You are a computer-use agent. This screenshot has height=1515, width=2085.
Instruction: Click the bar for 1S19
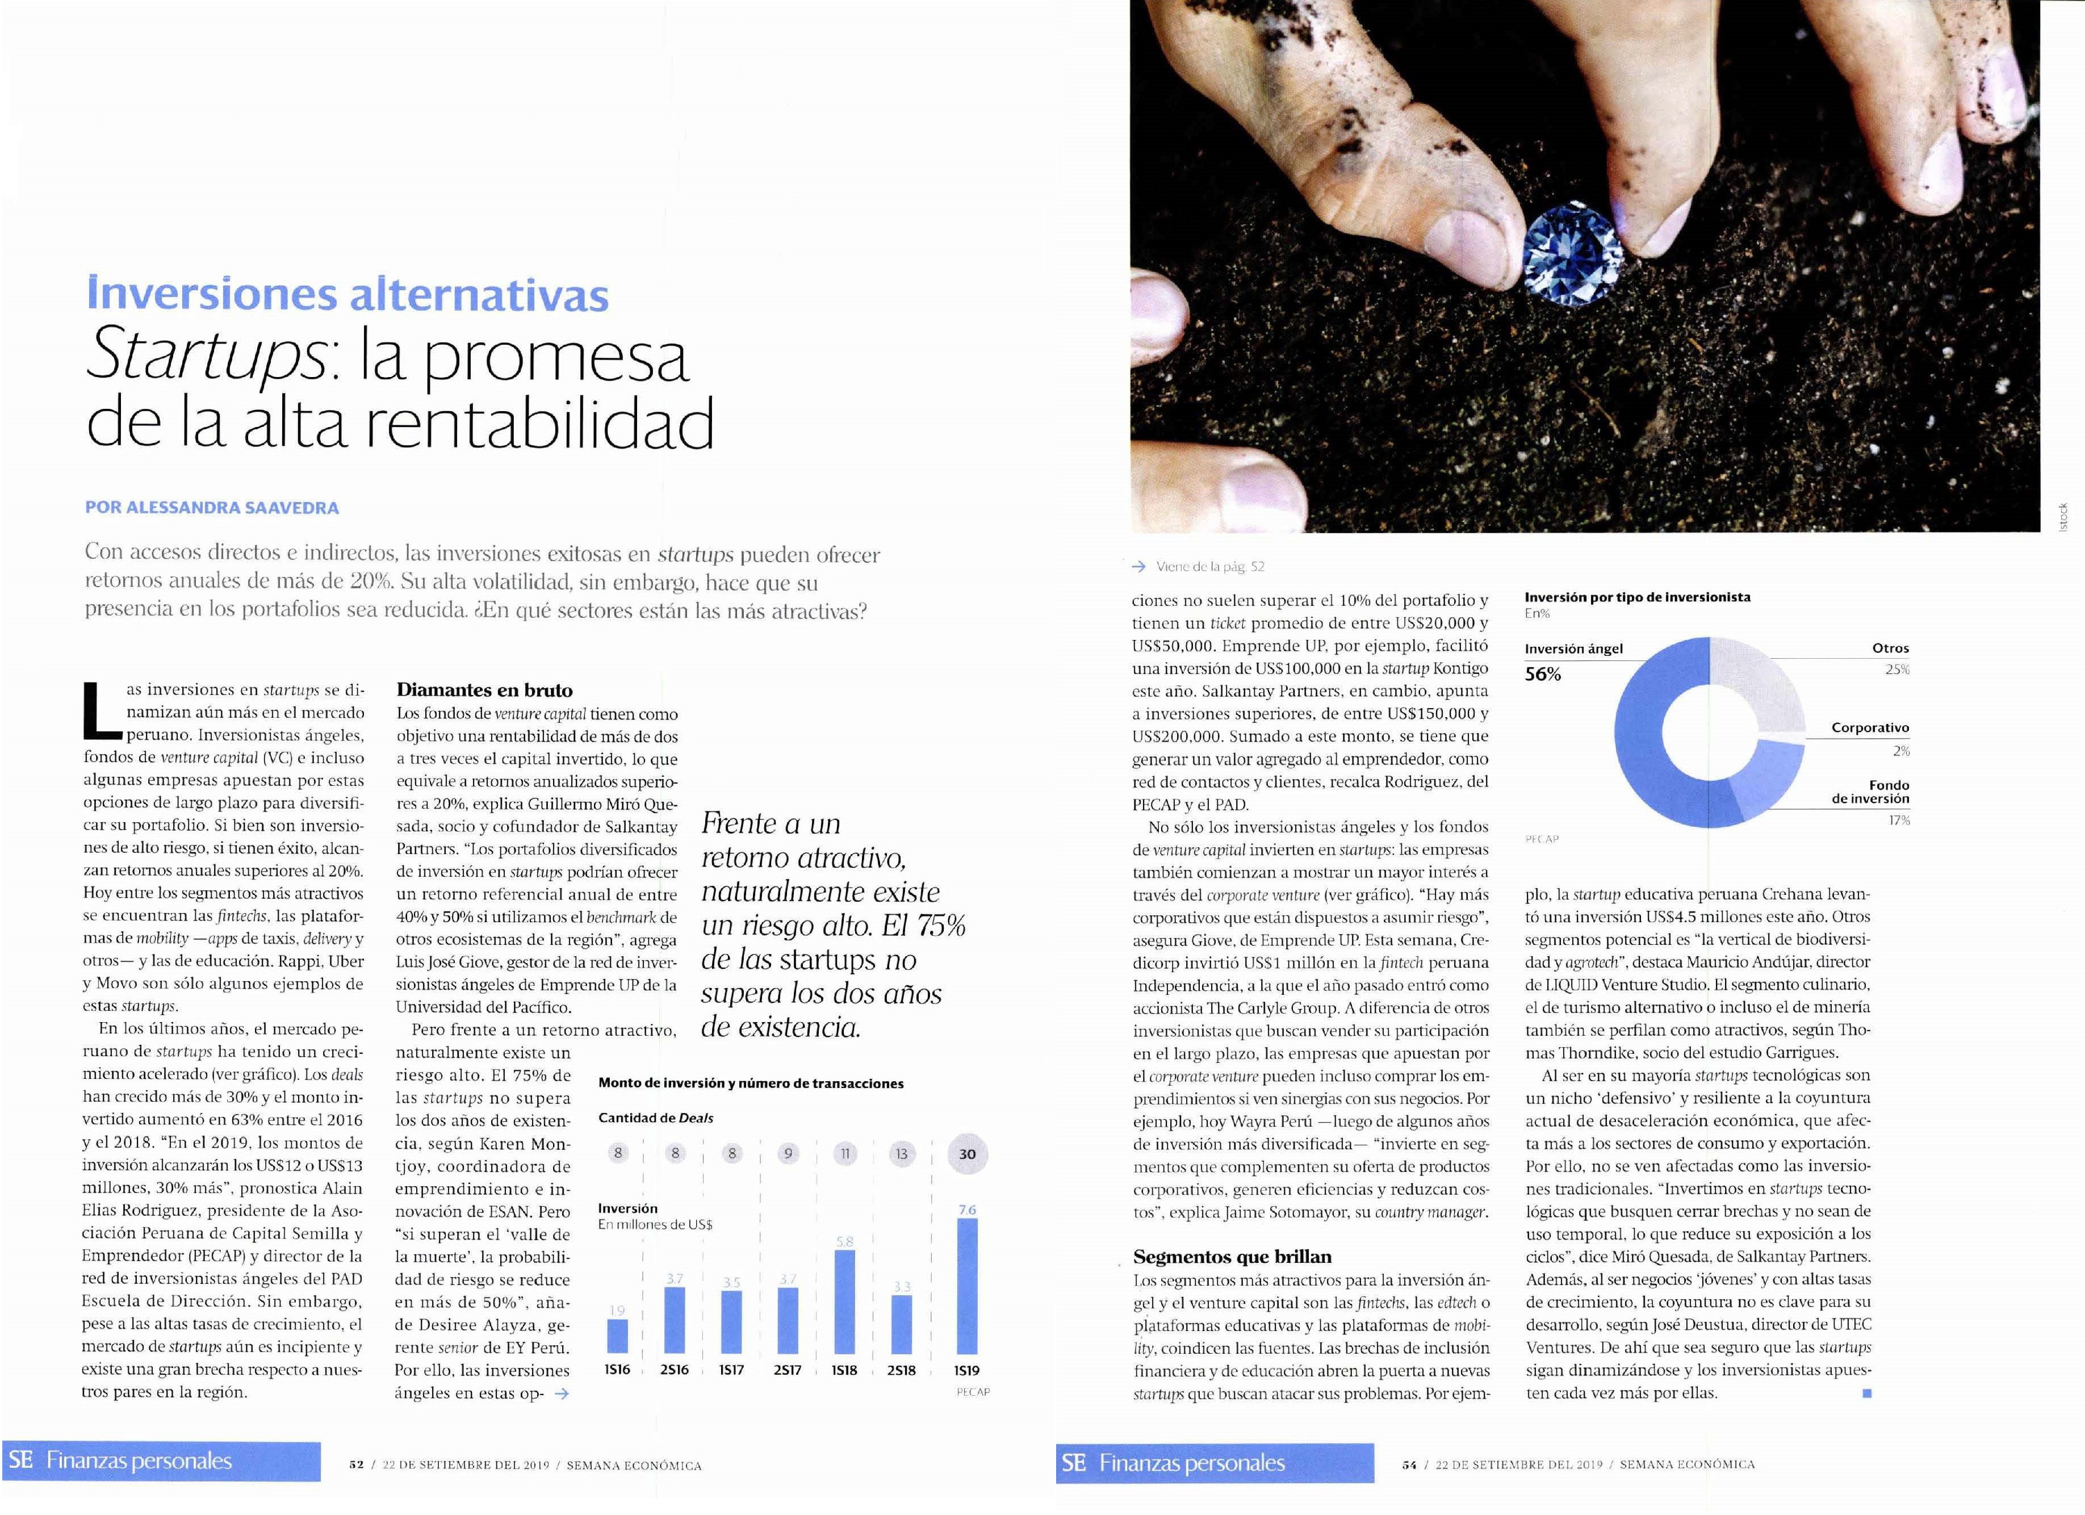(967, 1284)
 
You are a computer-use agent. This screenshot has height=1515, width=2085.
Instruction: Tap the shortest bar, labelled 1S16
(618, 1336)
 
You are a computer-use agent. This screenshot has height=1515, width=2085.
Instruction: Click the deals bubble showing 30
(967, 1154)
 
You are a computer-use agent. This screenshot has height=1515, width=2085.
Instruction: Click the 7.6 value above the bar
(967, 1210)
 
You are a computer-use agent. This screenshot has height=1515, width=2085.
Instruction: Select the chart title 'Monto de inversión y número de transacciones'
(750, 1083)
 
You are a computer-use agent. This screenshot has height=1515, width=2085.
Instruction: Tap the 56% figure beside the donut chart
(1543, 674)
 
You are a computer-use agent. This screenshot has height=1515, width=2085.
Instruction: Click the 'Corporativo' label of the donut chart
(1870, 727)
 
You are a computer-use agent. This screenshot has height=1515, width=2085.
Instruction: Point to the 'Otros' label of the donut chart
(1890, 648)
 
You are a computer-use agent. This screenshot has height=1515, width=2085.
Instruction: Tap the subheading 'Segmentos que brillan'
(1232, 1257)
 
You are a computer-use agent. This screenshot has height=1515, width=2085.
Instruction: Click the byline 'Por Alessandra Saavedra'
(211, 508)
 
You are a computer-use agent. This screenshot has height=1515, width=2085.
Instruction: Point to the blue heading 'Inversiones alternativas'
(347, 294)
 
